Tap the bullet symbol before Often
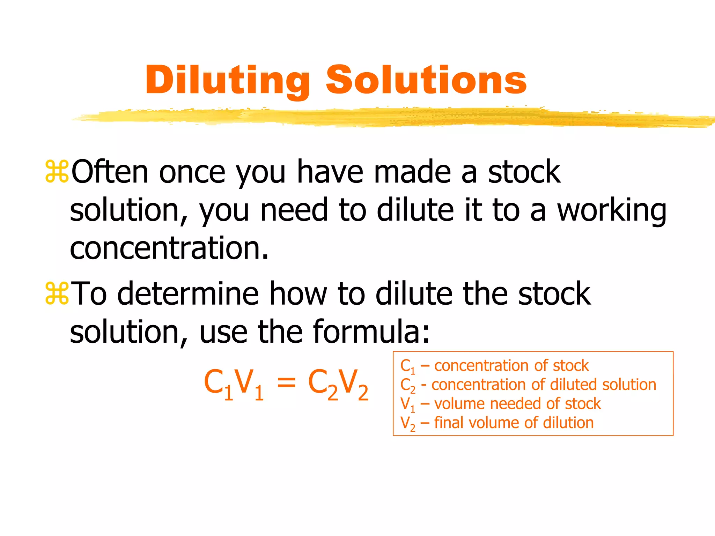[x=57, y=172]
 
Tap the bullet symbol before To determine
[x=57, y=294]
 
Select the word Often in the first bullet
[x=110, y=172]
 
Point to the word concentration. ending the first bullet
[x=169, y=248]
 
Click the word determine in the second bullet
[x=188, y=294]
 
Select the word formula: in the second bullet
[x=371, y=332]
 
